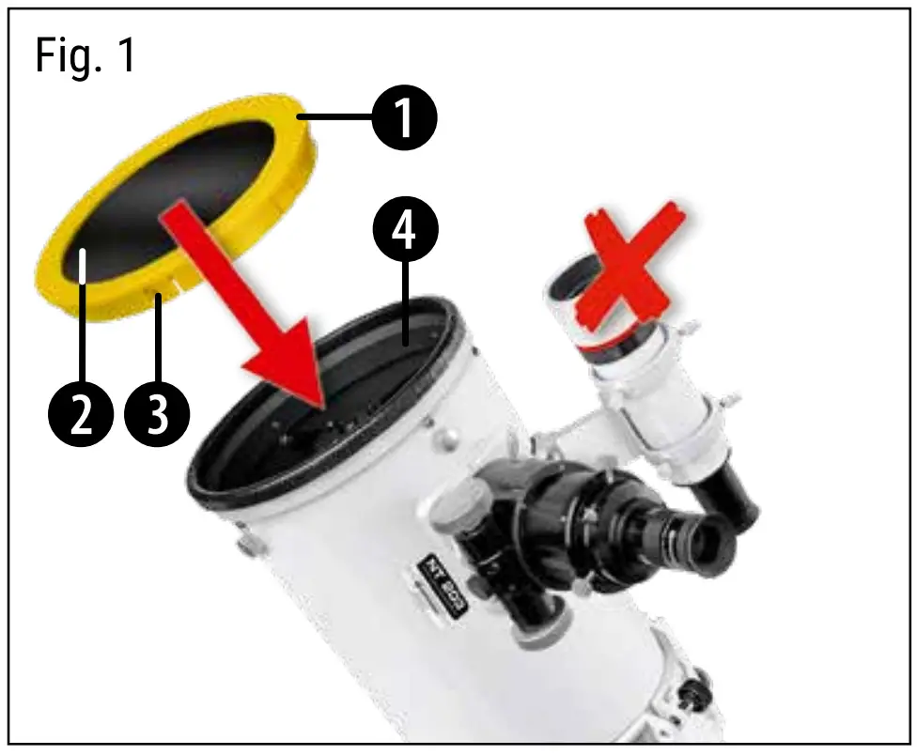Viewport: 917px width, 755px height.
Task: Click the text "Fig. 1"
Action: (x=85, y=56)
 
